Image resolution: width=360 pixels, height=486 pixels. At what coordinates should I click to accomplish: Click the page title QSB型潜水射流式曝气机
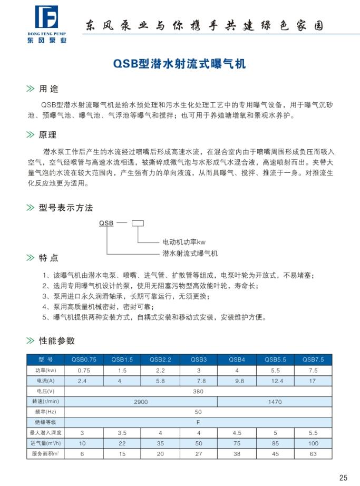click(180, 64)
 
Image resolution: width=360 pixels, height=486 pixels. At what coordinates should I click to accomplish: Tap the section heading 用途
click(49, 89)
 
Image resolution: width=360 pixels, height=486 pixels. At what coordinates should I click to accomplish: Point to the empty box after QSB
click(137, 223)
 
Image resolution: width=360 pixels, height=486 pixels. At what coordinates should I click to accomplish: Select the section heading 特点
click(49, 258)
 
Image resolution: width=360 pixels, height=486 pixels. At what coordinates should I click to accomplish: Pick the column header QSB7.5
click(313, 359)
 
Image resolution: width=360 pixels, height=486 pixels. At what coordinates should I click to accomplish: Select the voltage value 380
click(198, 391)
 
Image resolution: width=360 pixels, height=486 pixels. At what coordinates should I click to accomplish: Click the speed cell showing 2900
click(140, 402)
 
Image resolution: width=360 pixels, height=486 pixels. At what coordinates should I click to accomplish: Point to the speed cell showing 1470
click(275, 402)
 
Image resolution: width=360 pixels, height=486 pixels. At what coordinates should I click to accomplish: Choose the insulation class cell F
click(198, 422)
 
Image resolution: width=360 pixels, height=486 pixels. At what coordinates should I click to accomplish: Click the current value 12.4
click(275, 381)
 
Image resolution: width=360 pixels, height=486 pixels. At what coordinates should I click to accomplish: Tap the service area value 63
click(313, 453)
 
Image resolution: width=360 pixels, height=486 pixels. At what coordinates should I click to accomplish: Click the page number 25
click(343, 478)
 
